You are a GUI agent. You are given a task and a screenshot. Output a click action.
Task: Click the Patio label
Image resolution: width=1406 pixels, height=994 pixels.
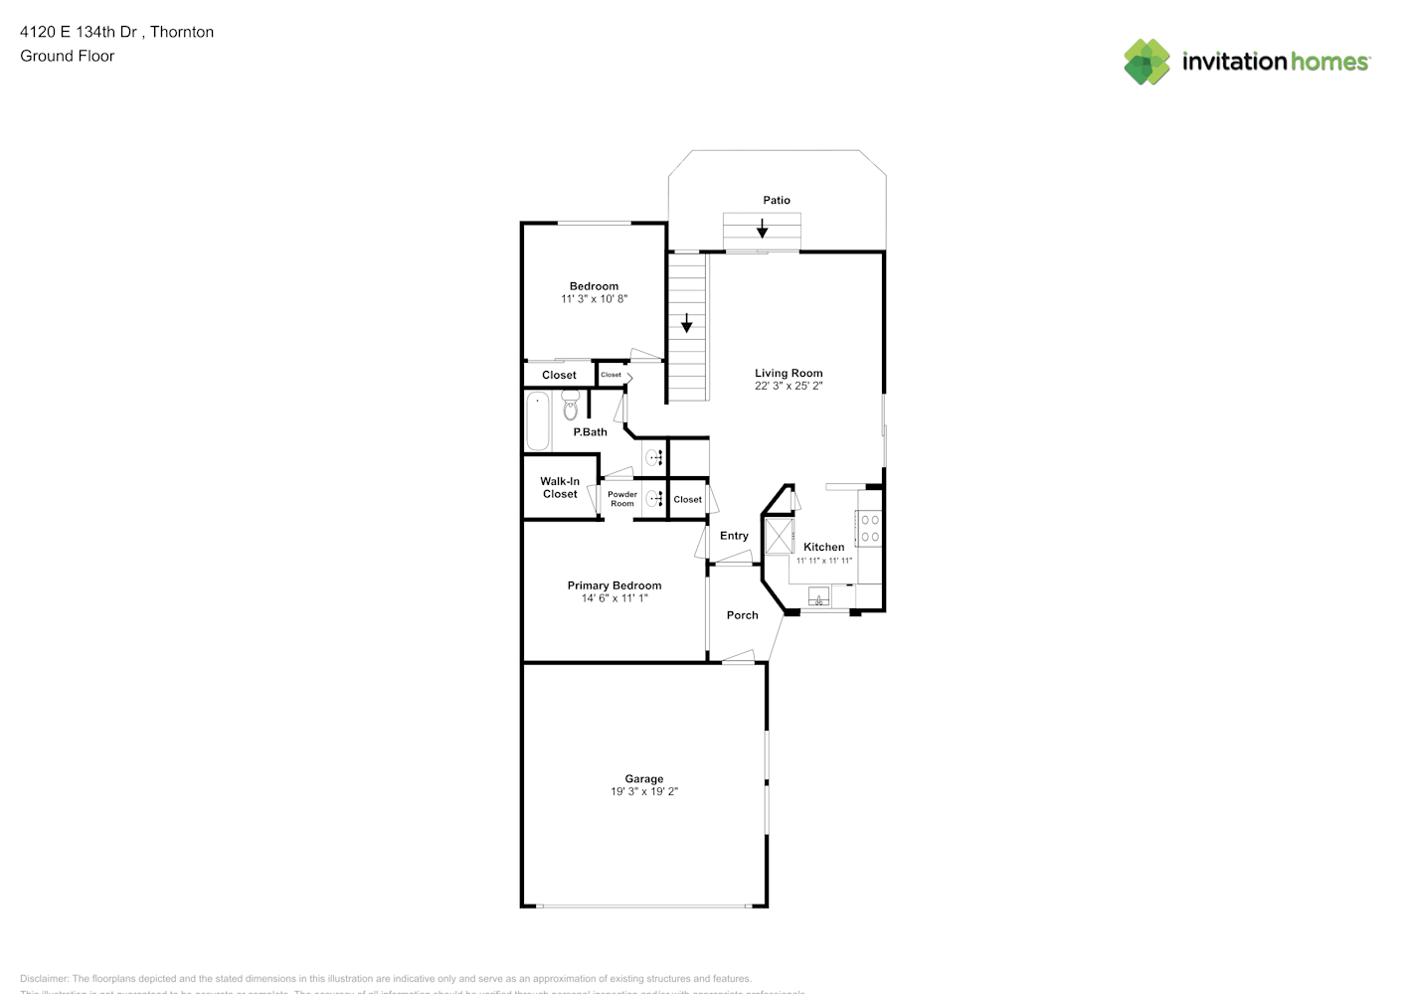[777, 200]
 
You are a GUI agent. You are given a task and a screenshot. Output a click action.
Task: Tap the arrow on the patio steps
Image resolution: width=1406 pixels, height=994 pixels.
[763, 229]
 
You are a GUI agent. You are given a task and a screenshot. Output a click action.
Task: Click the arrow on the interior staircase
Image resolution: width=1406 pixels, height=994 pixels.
[686, 323]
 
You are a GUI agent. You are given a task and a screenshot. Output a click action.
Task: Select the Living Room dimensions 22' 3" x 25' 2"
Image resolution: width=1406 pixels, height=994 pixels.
[789, 386]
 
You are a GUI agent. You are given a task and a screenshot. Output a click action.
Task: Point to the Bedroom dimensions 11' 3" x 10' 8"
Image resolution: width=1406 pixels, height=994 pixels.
[594, 299]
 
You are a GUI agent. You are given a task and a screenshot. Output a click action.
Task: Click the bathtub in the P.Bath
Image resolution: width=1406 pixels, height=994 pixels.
[537, 421]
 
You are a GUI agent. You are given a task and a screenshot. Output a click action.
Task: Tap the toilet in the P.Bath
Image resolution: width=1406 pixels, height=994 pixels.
[570, 406]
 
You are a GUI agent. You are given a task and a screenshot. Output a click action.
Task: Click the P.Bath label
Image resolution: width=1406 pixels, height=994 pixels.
[590, 432]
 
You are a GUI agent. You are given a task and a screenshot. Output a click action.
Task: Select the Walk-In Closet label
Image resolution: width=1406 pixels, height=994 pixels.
[560, 488]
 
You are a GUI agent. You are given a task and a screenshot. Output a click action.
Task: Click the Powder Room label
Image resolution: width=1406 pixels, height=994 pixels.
[622, 499]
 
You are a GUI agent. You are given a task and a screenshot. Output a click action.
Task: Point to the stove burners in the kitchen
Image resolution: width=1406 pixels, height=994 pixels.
[870, 529]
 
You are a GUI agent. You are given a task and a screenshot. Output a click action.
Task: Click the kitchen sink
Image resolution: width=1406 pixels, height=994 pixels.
[818, 596]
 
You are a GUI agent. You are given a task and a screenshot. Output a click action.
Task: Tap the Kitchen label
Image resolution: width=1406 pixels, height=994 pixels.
[823, 547]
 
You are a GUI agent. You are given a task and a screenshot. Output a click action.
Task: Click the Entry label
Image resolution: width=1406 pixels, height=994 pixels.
[734, 536]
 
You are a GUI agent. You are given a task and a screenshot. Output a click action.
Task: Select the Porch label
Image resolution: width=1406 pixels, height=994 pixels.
[742, 615]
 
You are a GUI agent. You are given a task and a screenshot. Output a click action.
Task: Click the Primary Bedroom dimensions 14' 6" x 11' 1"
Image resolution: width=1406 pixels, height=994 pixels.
[615, 598]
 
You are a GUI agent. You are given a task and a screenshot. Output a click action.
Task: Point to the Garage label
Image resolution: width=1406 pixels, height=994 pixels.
[644, 779]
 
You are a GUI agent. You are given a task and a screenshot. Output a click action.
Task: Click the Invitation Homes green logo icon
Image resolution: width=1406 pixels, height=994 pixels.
[1146, 62]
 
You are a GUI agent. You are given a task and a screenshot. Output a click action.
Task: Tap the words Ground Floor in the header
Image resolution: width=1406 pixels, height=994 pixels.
[68, 56]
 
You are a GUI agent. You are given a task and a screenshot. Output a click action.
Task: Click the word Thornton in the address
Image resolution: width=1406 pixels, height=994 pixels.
[182, 32]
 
